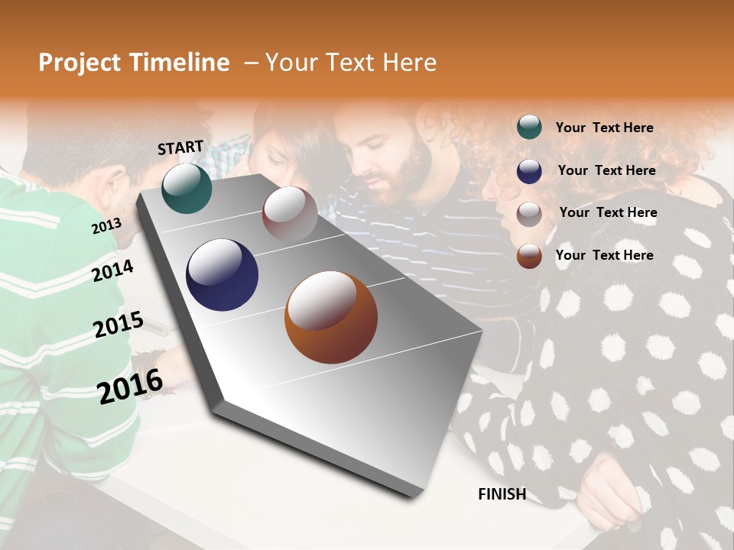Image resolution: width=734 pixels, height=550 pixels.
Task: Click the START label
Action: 180,147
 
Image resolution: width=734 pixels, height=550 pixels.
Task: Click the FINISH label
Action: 502,494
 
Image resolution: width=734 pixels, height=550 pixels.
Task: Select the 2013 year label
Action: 106,225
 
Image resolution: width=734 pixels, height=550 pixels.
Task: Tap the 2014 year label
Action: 112,270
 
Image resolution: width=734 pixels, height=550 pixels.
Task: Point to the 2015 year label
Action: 118,325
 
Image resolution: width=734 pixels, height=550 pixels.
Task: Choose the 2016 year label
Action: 130,387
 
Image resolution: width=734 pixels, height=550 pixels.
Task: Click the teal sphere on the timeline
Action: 187,188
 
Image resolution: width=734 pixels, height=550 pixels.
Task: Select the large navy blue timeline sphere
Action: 222,275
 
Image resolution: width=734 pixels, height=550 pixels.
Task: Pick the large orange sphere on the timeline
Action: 330,316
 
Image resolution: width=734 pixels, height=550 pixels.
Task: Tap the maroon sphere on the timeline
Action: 290,214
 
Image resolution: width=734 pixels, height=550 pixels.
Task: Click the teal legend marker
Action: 529,128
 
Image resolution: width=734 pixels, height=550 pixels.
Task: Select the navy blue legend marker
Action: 529,171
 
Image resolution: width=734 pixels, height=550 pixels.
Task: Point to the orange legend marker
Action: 529,256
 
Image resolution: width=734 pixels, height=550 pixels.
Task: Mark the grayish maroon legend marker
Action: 529,214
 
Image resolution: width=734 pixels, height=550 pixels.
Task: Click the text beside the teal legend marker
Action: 604,128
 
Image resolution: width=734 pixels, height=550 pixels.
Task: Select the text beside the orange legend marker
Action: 604,255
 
